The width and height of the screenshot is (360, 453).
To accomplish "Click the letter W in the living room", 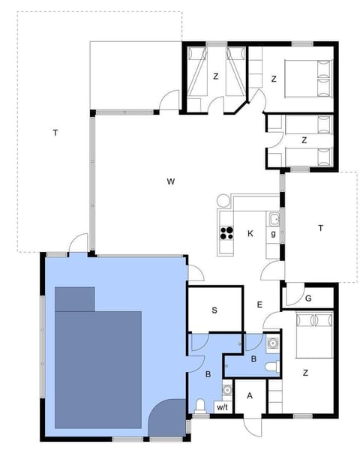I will (x=171, y=181).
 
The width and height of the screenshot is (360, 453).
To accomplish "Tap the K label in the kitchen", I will (x=250, y=234).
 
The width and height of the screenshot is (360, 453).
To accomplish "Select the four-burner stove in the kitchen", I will (x=225, y=233).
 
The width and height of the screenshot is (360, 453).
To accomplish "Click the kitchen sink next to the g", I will (x=274, y=220).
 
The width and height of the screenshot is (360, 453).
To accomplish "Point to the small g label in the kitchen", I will (x=273, y=234).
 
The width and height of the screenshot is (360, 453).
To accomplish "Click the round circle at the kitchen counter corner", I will (x=223, y=202).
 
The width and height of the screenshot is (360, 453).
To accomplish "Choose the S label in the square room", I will (x=214, y=309).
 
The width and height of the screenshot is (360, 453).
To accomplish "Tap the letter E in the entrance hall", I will (x=259, y=304).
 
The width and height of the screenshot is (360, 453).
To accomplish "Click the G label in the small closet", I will (x=307, y=298).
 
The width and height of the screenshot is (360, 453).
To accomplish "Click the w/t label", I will (x=222, y=407).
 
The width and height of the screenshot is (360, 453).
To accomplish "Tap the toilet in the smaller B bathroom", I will (x=272, y=365).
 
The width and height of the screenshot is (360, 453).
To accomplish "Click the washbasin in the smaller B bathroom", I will (x=271, y=343).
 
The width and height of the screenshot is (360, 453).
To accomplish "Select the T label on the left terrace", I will (x=55, y=133).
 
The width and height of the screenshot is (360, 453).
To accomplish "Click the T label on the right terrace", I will (x=320, y=227).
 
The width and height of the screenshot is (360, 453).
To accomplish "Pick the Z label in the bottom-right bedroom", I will (x=305, y=372).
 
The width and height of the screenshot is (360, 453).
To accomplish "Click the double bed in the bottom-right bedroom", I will (x=315, y=334).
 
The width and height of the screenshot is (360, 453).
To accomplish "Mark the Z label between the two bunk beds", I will (x=216, y=76).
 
